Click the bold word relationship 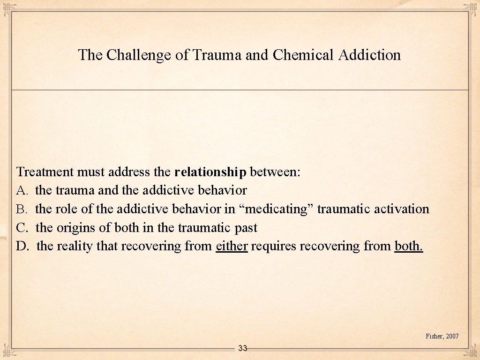point(210,172)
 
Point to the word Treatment point(45,172)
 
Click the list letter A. point(22,190)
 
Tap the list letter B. point(22,209)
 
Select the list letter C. point(22,228)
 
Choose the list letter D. point(22,246)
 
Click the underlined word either point(232,246)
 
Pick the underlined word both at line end point(409,246)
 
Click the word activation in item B point(402,209)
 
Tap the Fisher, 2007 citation point(442,336)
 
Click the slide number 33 point(242,348)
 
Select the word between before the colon point(274,172)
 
